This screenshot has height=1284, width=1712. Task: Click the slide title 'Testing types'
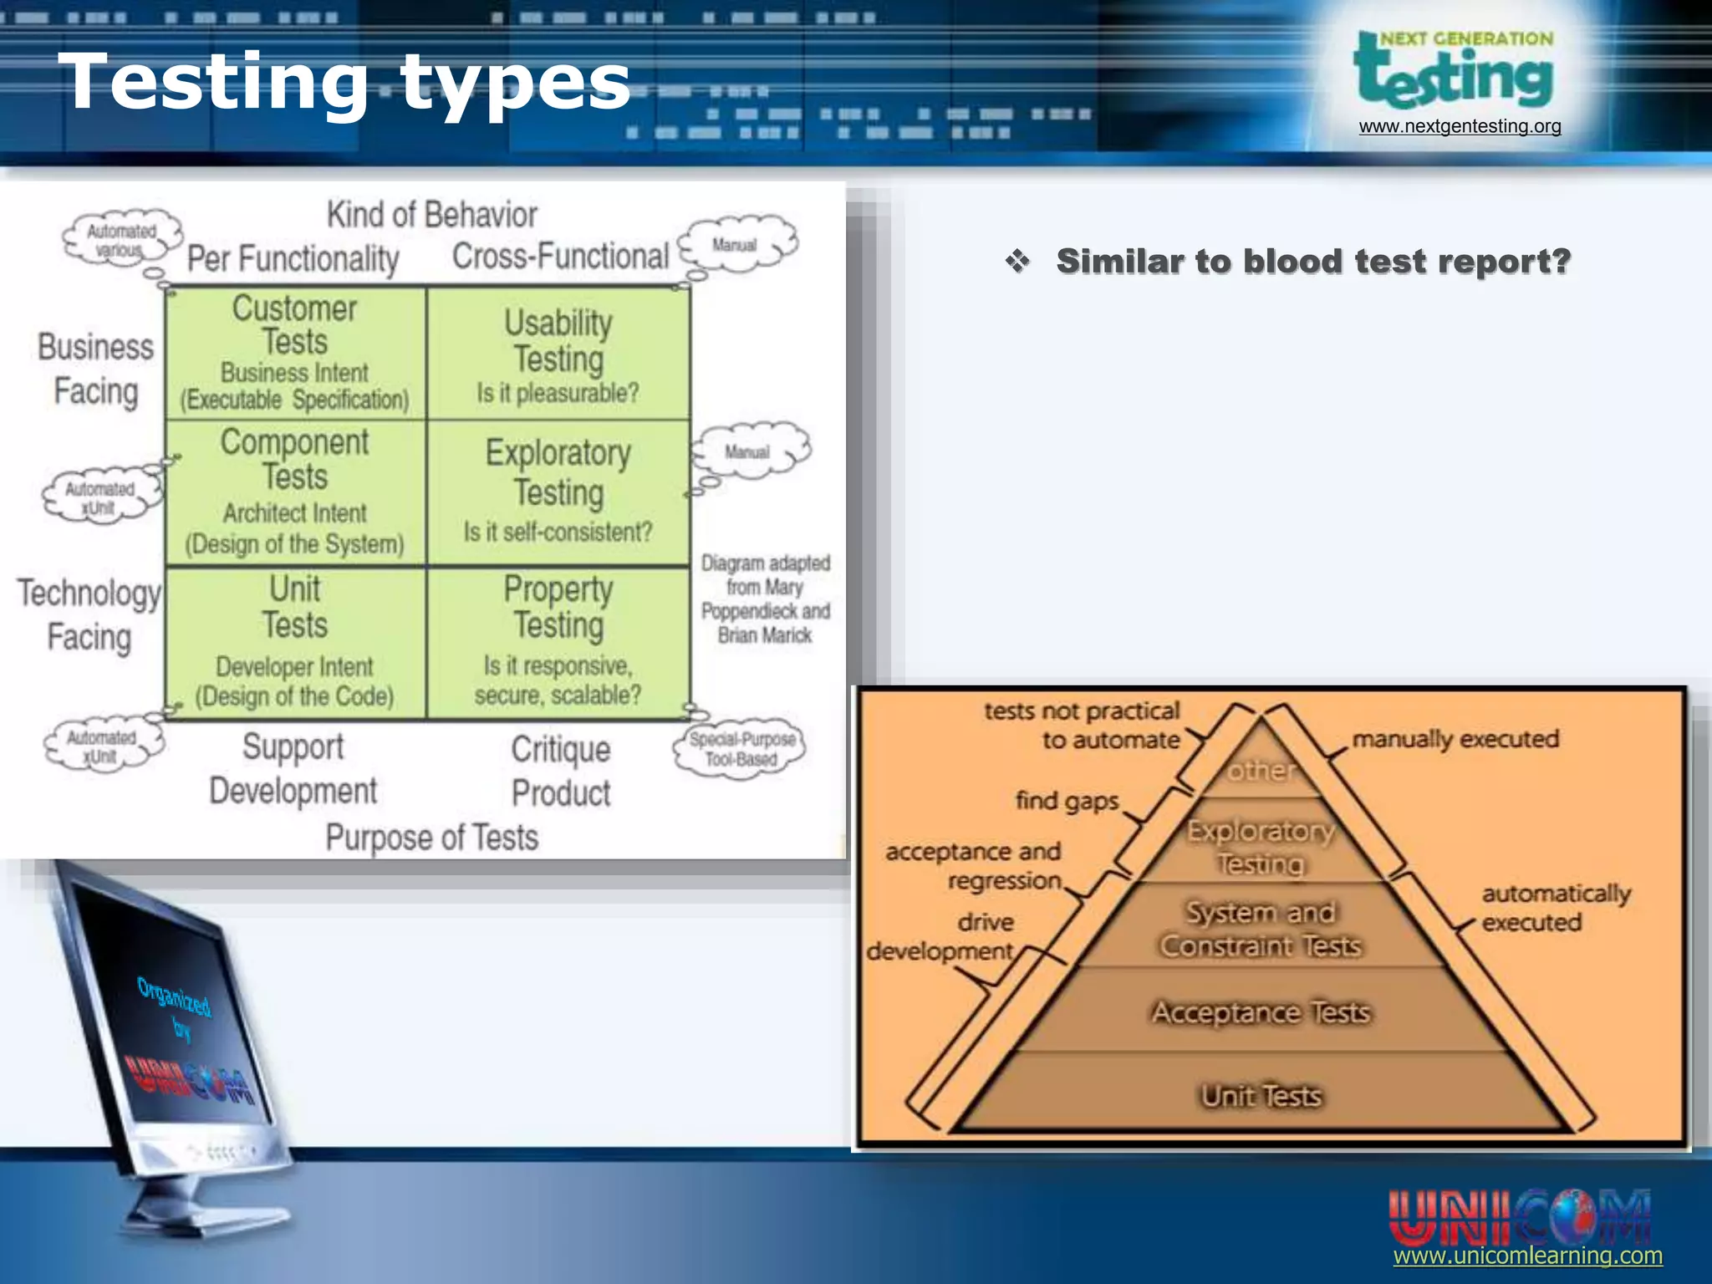[x=344, y=82]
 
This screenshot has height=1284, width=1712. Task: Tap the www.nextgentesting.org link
[x=1460, y=126]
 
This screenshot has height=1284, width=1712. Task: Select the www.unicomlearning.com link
[x=1527, y=1256]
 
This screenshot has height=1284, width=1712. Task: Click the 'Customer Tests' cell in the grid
[x=295, y=353]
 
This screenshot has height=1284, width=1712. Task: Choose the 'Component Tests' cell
[x=295, y=492]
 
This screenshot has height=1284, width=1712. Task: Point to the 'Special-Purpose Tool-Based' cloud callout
[x=741, y=748]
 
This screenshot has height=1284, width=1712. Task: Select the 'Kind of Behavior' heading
[x=431, y=215]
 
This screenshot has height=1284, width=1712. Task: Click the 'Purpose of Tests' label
[x=431, y=838]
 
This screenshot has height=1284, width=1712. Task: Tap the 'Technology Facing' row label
[x=89, y=614]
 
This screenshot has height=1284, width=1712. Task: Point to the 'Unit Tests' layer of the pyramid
[x=1261, y=1095]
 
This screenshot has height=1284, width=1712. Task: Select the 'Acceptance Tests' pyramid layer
[x=1261, y=1012]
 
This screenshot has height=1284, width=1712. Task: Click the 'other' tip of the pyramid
[x=1261, y=770]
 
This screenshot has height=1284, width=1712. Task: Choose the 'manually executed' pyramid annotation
[x=1455, y=739]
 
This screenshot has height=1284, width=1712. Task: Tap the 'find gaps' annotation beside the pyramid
[x=1067, y=801]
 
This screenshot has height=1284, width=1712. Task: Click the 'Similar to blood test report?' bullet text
[x=1313, y=262]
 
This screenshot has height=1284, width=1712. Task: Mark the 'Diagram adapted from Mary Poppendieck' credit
[x=765, y=599]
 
